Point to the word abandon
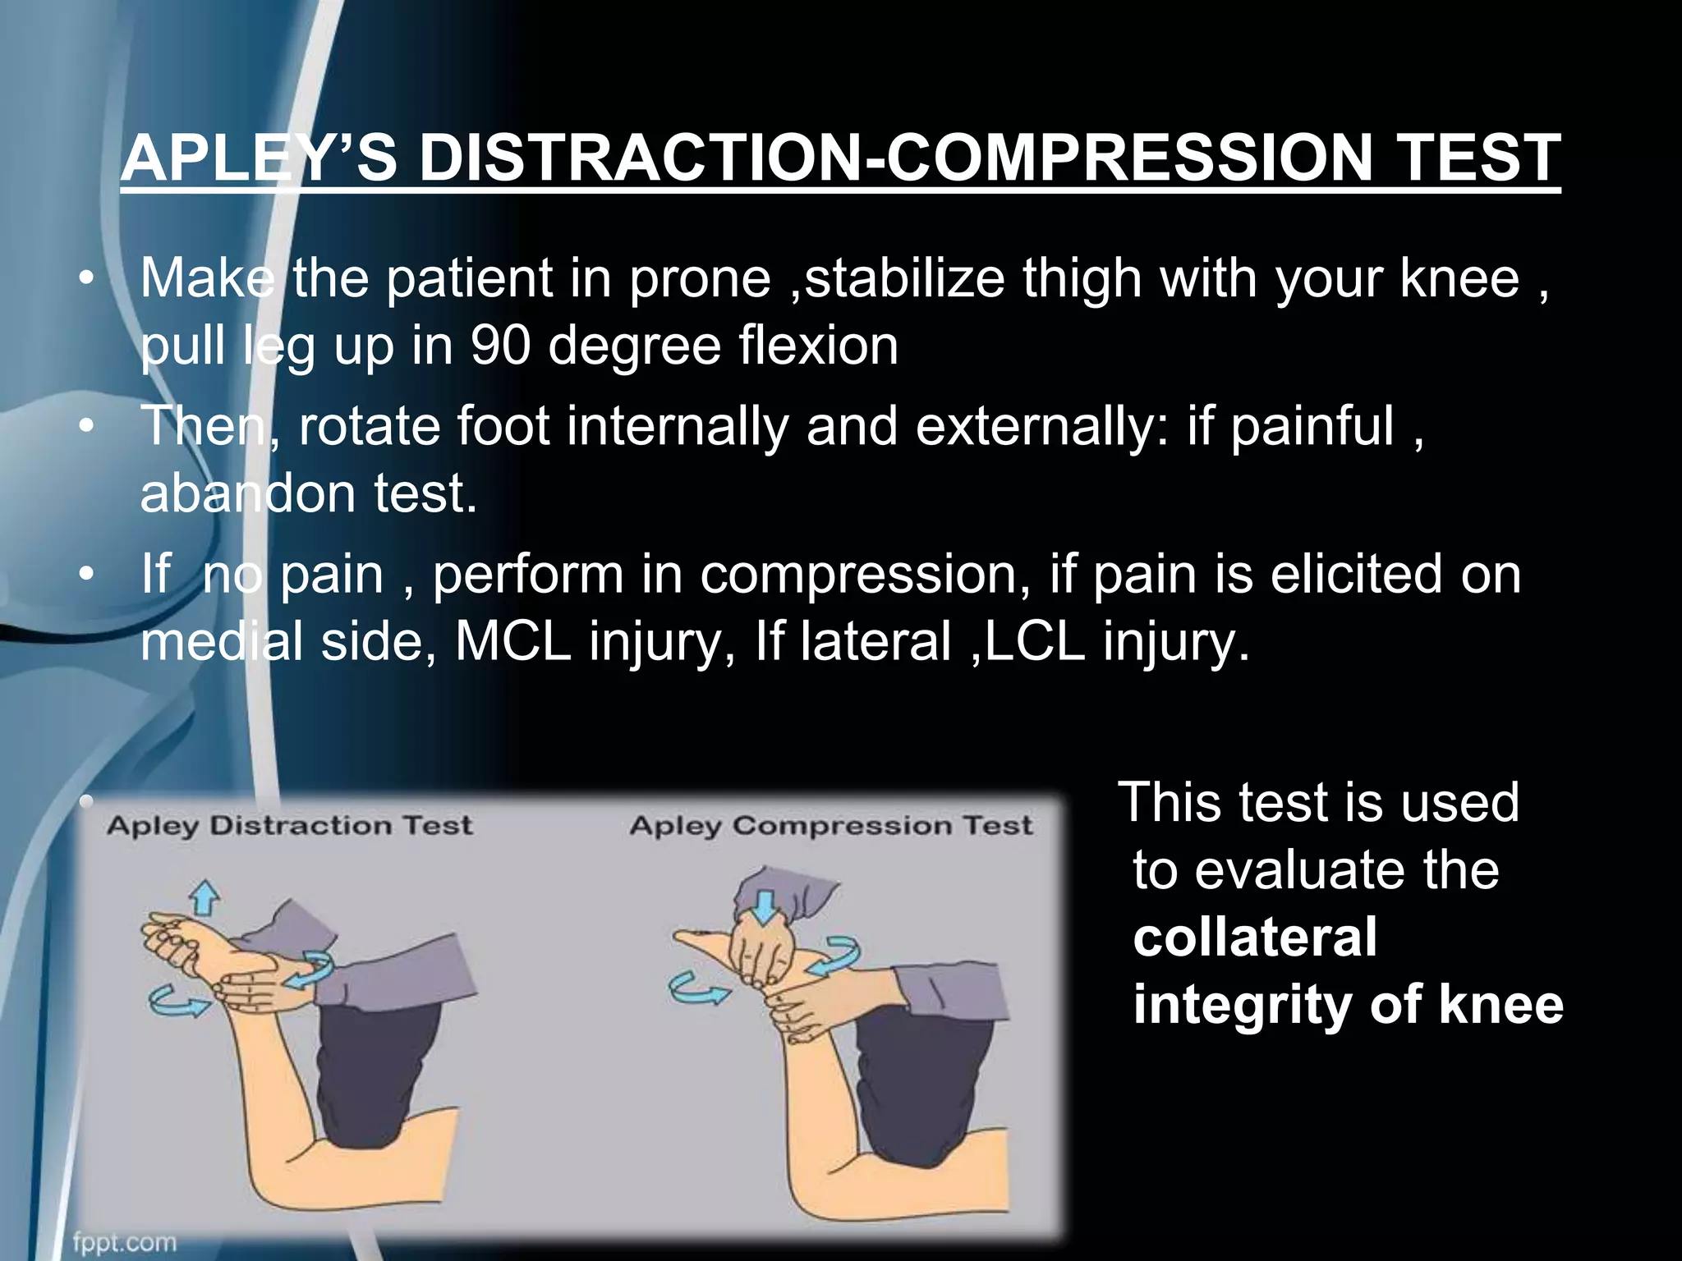click(246, 494)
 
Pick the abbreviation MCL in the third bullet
click(512, 641)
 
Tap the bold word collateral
click(1254, 938)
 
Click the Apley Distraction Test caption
click(289, 825)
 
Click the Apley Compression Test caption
click(830, 825)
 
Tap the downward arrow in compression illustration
click(765, 906)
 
